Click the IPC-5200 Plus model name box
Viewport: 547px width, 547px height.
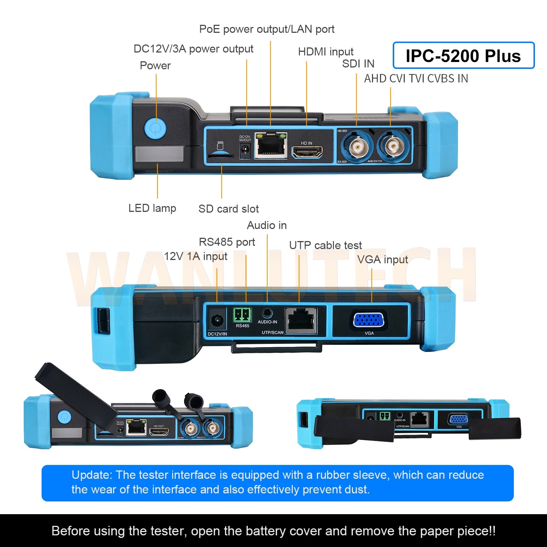click(463, 55)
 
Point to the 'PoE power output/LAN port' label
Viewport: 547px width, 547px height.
click(267, 29)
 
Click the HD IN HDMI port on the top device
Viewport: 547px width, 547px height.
click(307, 152)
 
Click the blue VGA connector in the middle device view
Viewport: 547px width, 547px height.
click(368, 320)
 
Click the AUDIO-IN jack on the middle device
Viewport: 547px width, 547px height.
click(267, 313)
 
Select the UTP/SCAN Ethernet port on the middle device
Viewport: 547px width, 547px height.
click(301, 320)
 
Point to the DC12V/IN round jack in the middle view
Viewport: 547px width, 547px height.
click(217, 321)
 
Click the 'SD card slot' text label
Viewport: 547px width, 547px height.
click(228, 209)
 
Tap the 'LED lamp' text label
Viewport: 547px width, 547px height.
click(152, 208)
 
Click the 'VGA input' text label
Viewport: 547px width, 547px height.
click(382, 260)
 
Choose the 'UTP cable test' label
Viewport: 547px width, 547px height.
click(325, 245)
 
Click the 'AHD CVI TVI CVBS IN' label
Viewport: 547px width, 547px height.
click(416, 79)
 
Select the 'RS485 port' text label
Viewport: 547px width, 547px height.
click(226, 242)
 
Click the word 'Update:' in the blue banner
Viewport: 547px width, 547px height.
click(92, 475)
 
